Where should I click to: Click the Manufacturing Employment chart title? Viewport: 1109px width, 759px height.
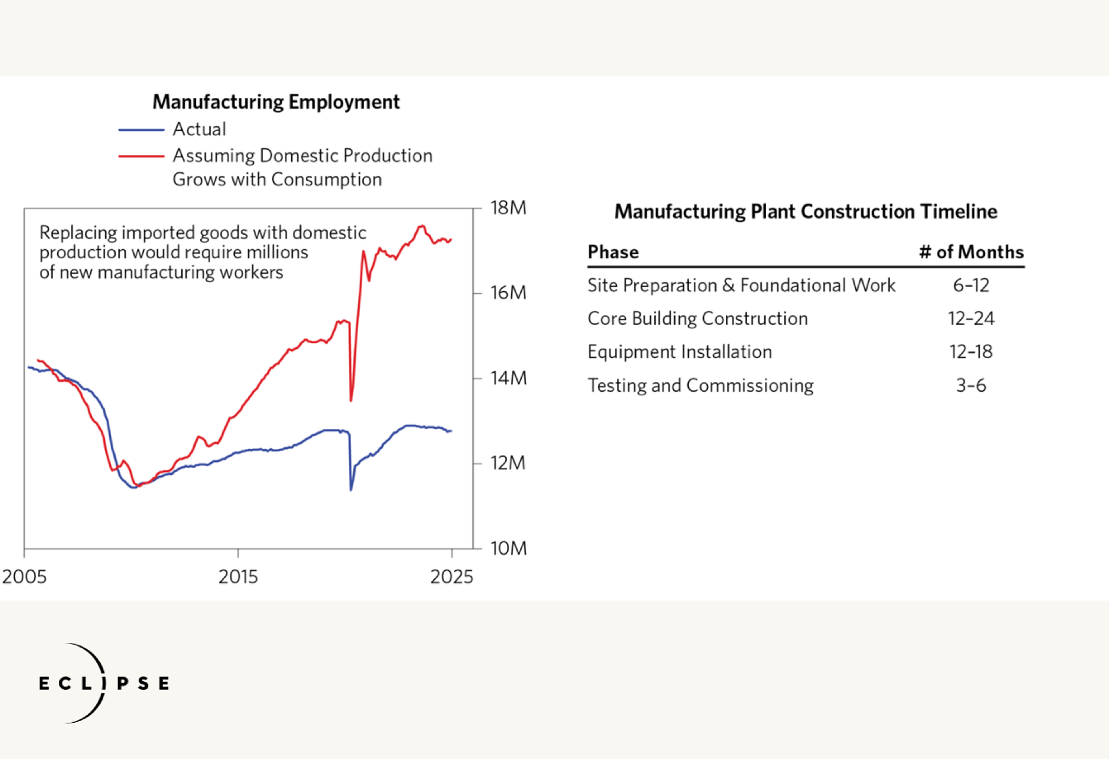pyautogui.click(x=276, y=102)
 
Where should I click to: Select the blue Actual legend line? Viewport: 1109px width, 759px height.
pyautogui.click(x=141, y=130)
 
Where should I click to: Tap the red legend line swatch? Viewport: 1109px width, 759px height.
pyautogui.click(x=141, y=156)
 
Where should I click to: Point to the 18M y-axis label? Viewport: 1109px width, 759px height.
pyautogui.click(x=508, y=208)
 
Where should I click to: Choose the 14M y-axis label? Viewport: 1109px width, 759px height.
pyautogui.click(x=508, y=378)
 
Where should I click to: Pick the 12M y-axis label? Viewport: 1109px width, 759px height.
pyautogui.click(x=508, y=463)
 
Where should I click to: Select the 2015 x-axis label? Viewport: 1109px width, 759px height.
pyautogui.click(x=238, y=577)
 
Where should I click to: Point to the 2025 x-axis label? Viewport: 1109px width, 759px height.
pyautogui.click(x=451, y=577)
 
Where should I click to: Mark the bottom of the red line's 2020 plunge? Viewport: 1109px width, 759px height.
pyautogui.click(x=351, y=400)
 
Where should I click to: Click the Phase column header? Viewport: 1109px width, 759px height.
pyautogui.click(x=613, y=252)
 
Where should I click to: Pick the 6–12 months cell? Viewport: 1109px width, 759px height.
pyautogui.click(x=971, y=285)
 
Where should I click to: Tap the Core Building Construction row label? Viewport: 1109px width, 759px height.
pyautogui.click(x=698, y=318)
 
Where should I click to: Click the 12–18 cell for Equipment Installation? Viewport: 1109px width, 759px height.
pyautogui.click(x=971, y=352)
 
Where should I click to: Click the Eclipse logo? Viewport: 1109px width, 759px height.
pyautogui.click(x=104, y=683)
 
